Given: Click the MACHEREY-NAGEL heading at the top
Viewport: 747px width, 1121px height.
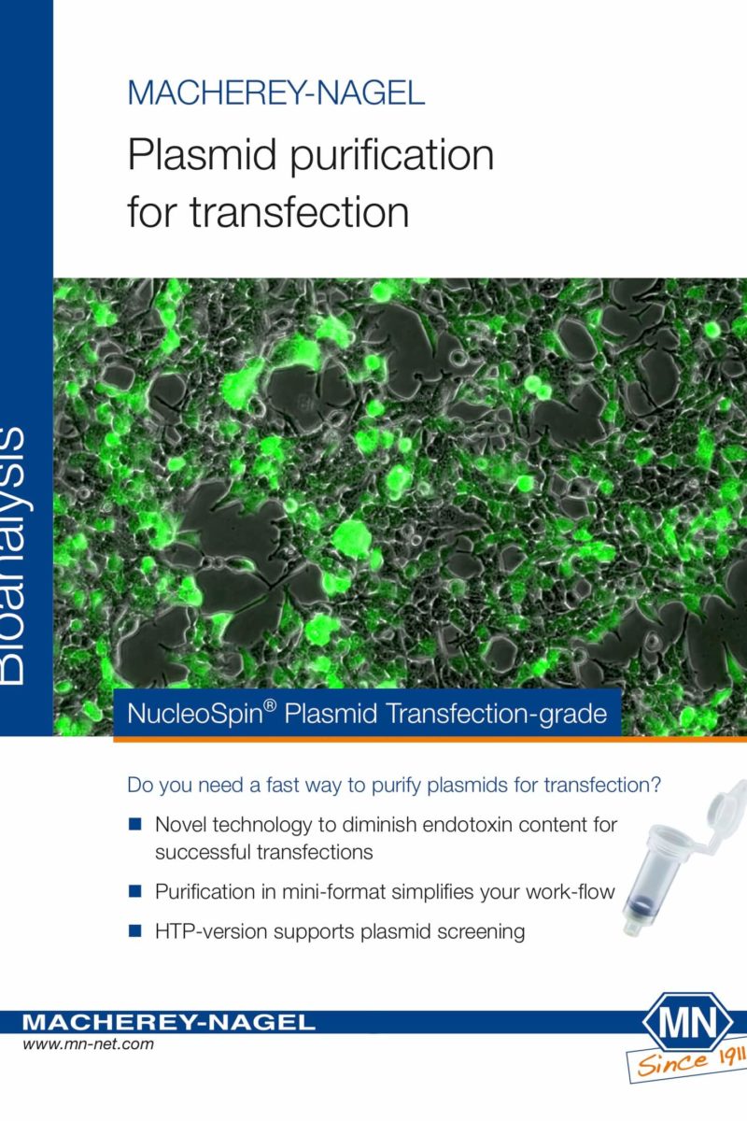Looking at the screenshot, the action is point(276,92).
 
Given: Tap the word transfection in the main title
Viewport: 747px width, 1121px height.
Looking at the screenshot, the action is point(299,212).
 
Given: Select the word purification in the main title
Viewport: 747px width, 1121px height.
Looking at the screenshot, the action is point(392,157).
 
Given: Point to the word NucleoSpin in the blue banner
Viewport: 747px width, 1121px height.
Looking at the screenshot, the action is point(195,714).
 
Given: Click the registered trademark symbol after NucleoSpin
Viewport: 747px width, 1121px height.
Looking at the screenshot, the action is point(270,705).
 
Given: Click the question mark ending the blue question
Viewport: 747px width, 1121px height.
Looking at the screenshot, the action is point(655,784).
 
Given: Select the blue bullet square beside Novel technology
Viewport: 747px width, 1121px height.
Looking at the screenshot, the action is point(135,824).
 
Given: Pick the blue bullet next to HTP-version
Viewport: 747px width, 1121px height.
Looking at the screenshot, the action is point(135,930).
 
